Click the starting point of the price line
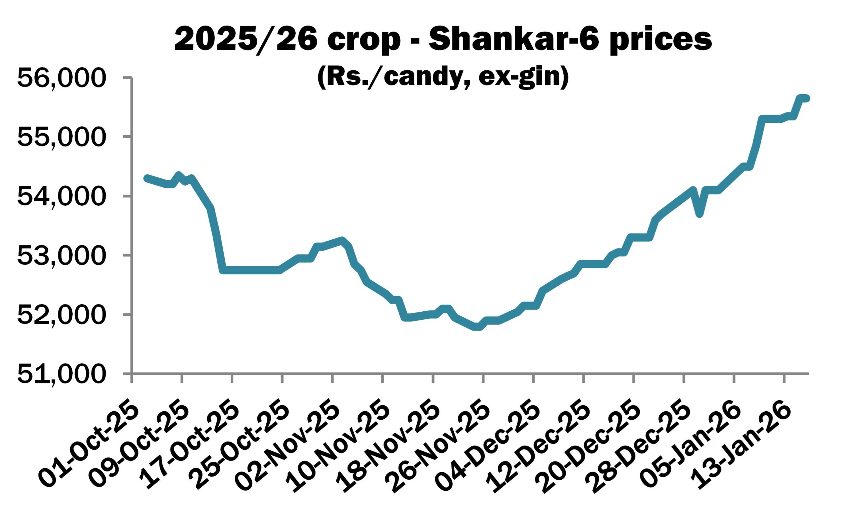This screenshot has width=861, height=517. (x=147, y=178)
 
